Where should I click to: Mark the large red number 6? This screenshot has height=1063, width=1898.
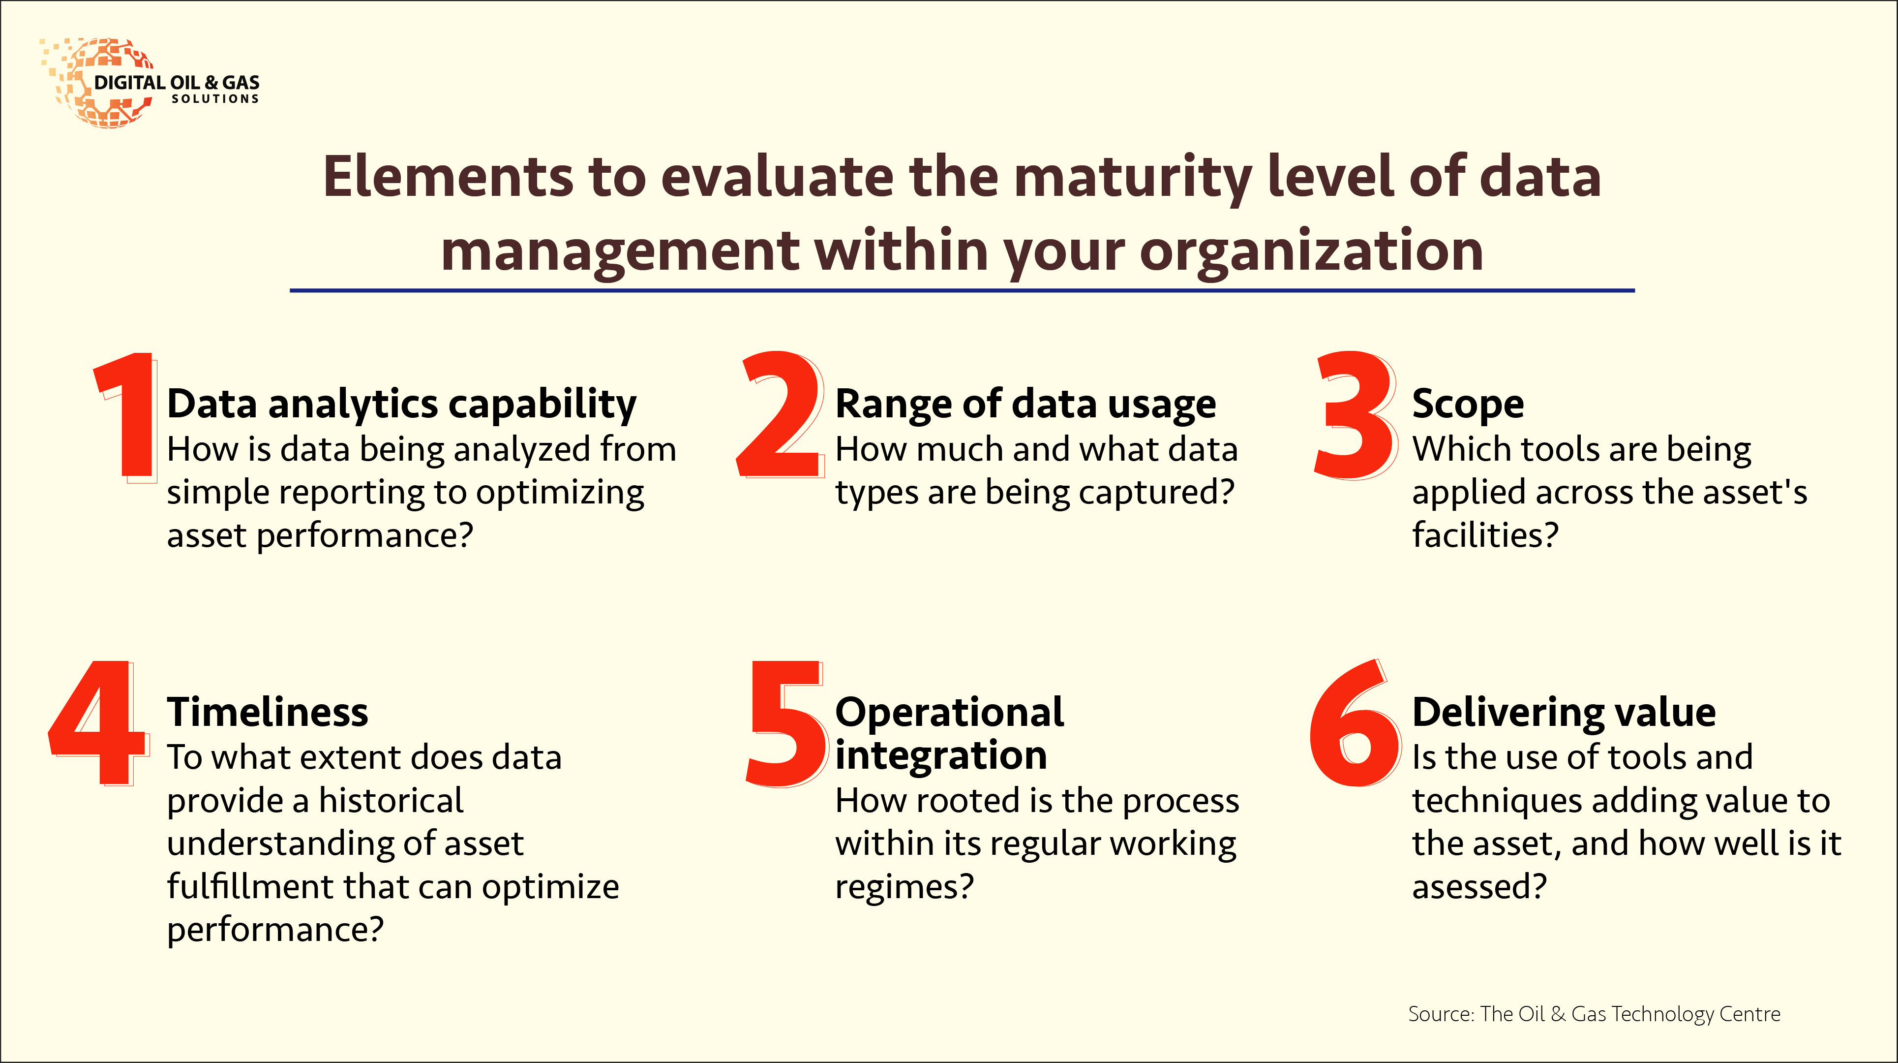(1355, 723)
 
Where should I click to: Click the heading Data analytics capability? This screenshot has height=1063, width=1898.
(401, 404)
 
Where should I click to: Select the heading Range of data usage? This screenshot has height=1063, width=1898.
(1025, 404)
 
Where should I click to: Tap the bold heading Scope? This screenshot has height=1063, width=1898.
(1468, 404)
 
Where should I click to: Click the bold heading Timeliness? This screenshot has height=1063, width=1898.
(268, 712)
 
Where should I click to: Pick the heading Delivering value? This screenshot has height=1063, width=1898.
(1564, 712)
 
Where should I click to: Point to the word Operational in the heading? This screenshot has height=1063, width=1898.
(950, 712)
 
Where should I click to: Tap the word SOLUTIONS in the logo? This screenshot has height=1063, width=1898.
(215, 99)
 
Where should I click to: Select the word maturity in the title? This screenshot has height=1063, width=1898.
(1133, 178)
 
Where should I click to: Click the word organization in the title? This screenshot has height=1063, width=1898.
(1312, 251)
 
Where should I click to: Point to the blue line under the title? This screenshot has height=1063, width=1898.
(962, 290)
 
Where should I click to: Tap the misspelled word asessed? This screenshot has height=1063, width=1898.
(1479, 886)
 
